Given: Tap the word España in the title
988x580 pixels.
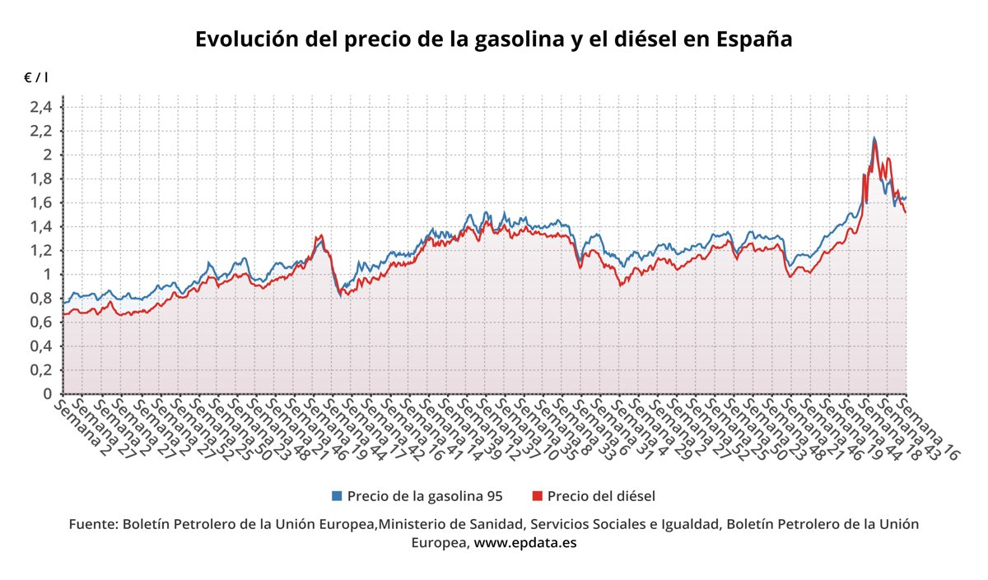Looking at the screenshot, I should tap(754, 39).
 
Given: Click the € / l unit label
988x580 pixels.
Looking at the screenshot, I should tap(35, 77).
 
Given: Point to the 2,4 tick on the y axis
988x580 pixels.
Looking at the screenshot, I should tap(41, 107).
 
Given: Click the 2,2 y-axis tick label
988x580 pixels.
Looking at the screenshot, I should tap(41, 131).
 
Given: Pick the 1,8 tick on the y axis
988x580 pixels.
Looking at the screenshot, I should tap(41, 179).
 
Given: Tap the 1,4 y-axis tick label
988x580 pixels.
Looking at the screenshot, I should tap(41, 226).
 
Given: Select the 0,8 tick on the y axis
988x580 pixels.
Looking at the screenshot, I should tap(41, 299).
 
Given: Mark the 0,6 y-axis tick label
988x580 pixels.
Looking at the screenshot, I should tap(41, 322).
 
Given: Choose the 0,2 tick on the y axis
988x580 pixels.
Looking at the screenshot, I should tap(41, 370).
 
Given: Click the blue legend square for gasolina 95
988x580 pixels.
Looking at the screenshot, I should tap(337, 496).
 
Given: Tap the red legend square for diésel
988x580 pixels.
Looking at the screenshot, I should tap(538, 496).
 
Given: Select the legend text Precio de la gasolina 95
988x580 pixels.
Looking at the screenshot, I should tap(425, 496).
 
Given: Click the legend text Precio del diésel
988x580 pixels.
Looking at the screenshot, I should tap(601, 496).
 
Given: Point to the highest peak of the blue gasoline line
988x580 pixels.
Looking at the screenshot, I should tap(874, 137).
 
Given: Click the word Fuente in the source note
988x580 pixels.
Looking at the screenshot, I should tap(92, 524).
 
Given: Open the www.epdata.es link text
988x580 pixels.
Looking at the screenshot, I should tap(525, 543).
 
